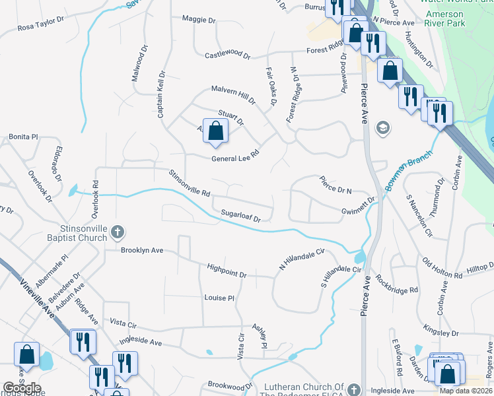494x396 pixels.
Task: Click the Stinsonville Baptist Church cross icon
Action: (117, 232)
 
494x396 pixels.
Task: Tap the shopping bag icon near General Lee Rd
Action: (216, 131)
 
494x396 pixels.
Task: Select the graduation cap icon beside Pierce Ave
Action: (382, 127)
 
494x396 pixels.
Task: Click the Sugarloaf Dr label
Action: (241, 215)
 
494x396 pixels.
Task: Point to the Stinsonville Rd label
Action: (189, 185)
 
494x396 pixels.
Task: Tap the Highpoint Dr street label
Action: (226, 271)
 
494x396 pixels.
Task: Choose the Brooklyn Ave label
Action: (141, 251)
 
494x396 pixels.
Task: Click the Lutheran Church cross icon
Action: (355, 390)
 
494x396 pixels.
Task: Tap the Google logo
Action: (22, 388)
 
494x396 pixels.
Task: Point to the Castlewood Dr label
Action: (227, 55)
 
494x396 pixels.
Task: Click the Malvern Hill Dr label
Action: (232, 94)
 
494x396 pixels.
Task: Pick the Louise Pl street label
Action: (219, 298)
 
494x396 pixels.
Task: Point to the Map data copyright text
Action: (465, 390)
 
